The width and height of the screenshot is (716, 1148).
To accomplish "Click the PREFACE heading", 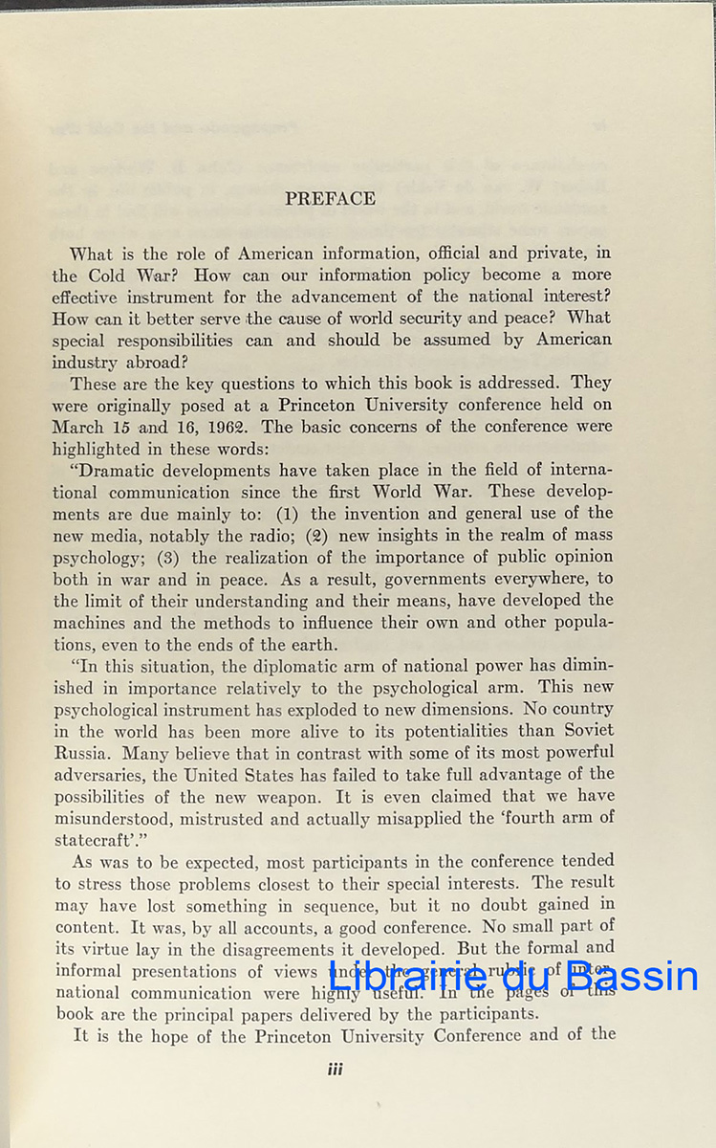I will click(330, 199).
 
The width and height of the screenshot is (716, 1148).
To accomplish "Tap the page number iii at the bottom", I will click(335, 1070).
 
